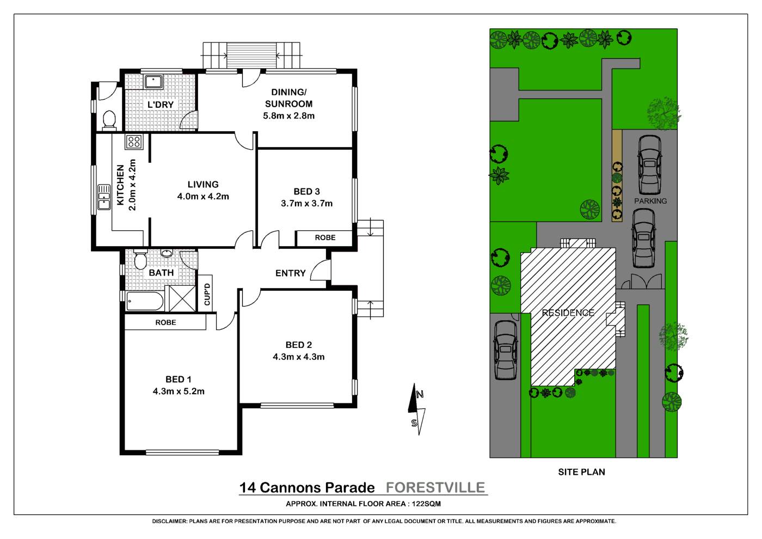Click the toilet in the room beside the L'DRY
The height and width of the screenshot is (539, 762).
(109, 119)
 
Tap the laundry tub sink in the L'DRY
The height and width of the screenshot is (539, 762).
(153, 82)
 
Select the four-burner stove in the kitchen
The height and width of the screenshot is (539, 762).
(133, 142)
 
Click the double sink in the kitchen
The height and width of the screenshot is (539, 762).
(104, 197)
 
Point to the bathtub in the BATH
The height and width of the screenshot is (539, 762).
(144, 301)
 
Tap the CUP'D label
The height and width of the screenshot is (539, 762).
(207, 294)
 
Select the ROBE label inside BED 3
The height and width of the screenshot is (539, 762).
(325, 237)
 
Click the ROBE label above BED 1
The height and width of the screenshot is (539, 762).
(165, 322)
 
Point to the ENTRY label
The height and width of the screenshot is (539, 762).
(290, 273)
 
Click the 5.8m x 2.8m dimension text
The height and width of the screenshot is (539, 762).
(288, 115)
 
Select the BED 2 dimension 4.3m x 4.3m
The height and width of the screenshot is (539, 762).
(298, 357)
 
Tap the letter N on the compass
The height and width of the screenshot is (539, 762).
(420, 394)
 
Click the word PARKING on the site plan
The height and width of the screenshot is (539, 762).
(650, 201)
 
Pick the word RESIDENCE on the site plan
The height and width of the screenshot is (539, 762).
(568, 313)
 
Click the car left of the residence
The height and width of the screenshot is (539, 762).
(505, 349)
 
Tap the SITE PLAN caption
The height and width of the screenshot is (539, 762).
(581, 472)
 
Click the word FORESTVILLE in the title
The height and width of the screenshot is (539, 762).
(435, 487)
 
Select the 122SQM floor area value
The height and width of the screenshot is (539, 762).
(426, 504)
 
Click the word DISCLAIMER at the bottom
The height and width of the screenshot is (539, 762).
(169, 521)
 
